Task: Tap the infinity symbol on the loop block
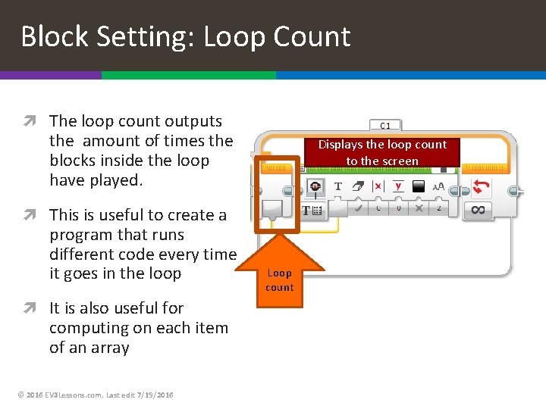click(x=478, y=210)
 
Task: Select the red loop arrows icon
click(x=481, y=186)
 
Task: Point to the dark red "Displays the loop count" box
click(x=382, y=152)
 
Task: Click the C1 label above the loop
click(x=385, y=125)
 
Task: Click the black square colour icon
click(x=419, y=186)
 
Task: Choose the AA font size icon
click(x=438, y=186)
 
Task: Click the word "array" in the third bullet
click(x=109, y=348)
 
